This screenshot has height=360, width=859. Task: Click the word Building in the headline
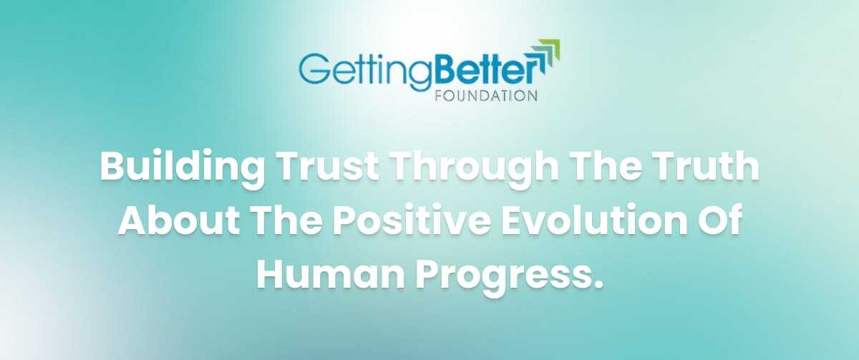click(182, 168)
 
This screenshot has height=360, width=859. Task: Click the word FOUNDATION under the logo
click(486, 96)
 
